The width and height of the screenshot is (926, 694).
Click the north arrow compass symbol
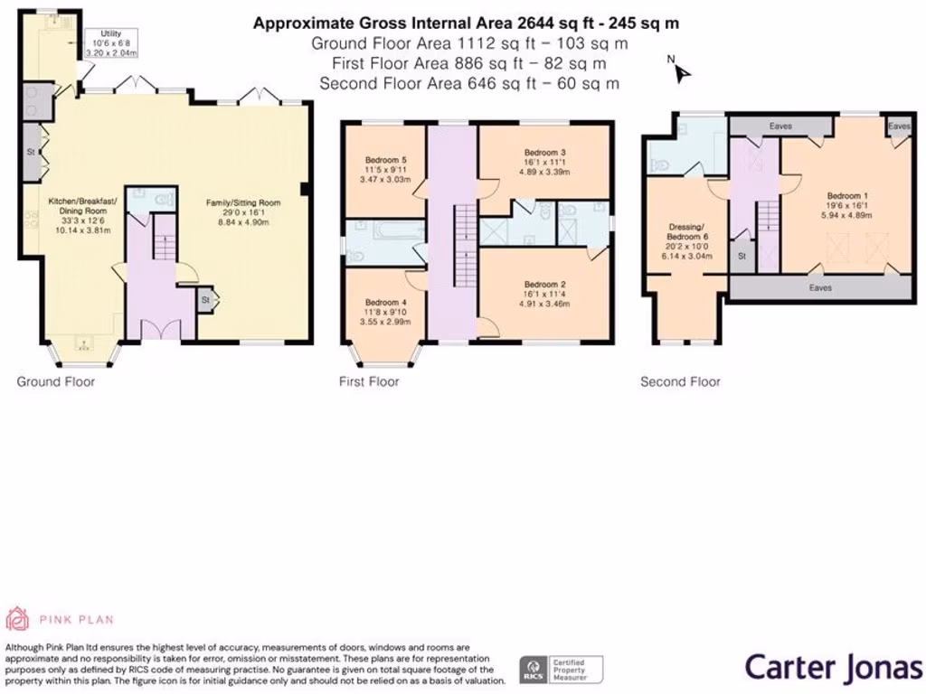coord(681,70)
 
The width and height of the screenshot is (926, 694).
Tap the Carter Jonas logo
coord(833,668)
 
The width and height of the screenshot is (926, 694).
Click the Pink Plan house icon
coord(16,619)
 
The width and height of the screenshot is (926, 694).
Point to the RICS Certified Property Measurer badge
coord(561,670)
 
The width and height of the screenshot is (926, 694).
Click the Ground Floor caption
coord(55,382)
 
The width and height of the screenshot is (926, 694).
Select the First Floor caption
coord(369,382)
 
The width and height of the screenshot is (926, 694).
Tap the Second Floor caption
coord(680,382)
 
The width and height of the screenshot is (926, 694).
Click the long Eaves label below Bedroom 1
coord(820,288)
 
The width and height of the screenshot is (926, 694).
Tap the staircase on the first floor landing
coord(466,246)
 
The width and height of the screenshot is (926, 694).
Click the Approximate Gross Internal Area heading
coord(466,23)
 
